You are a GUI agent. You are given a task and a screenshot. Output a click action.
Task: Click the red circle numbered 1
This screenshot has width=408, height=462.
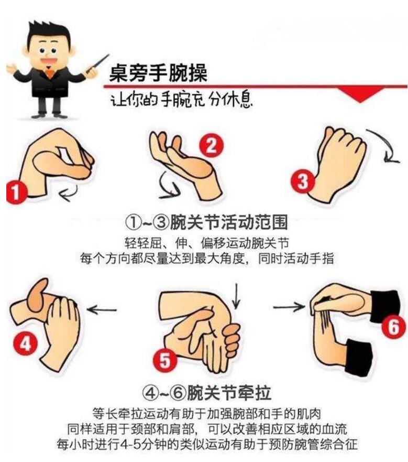pyautogui.click(x=17, y=192)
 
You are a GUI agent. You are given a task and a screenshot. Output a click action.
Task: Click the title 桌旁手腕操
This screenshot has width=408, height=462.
pyautogui.click(x=158, y=73)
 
